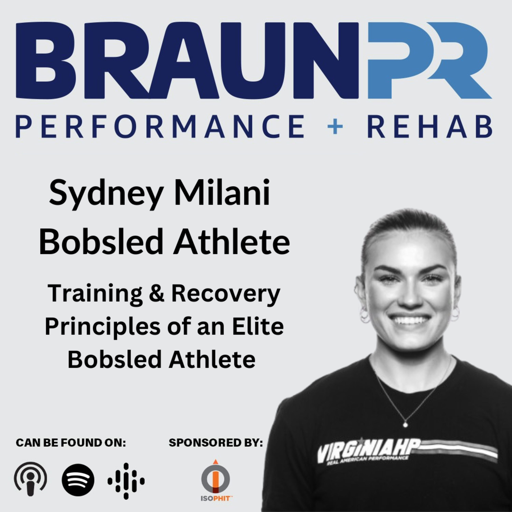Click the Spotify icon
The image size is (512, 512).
pos(78,480)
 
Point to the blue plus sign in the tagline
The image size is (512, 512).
pos(335,126)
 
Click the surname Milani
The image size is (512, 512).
pos(222,191)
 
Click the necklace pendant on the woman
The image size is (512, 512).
pos(405,425)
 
